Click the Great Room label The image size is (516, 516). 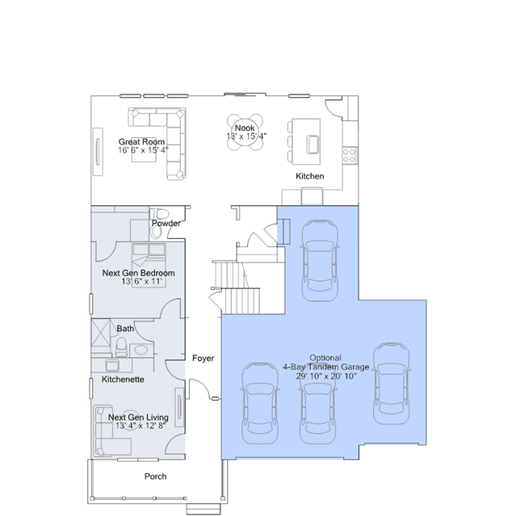tap(141, 142)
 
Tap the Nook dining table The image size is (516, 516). tap(245, 132)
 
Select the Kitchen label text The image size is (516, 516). tap(309, 176)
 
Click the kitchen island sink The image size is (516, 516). tap(313, 144)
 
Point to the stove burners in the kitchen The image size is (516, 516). tap(349, 155)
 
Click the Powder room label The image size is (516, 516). tap(166, 223)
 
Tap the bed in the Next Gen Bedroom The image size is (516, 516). tap(149, 265)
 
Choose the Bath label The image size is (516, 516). tap(125, 329)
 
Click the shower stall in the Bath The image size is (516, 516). tap(100, 333)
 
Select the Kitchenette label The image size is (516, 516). tap(123, 380)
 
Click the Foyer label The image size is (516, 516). tap(203, 358)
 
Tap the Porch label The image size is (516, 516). tap(155, 476)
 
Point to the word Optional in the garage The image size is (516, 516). tap(325, 358)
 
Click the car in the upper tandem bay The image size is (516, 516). tap(320, 260)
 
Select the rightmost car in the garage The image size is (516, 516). tap(392, 384)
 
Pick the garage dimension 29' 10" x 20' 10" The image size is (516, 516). tap(326, 376)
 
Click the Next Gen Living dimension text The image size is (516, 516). tap(141, 426)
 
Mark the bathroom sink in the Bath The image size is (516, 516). tap(141, 350)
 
